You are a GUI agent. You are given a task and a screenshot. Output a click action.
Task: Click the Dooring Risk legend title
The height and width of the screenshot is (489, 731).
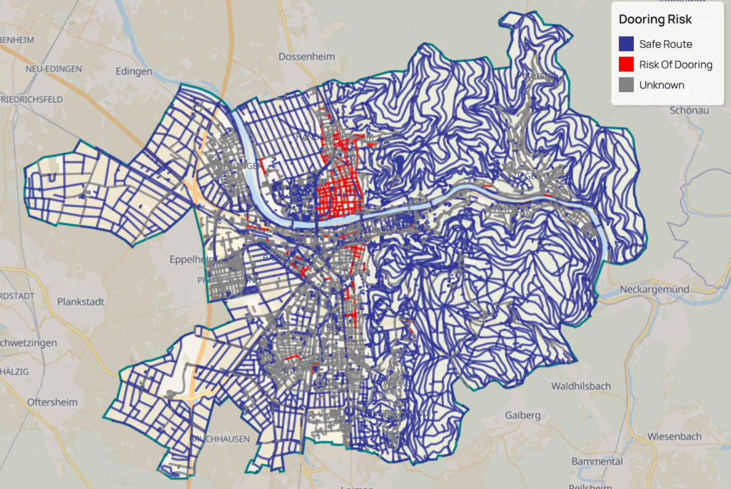[655, 20]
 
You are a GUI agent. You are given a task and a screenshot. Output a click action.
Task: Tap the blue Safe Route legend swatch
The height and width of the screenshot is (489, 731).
[625, 44]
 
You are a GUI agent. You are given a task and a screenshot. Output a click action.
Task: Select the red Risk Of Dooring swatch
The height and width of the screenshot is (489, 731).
[625, 64]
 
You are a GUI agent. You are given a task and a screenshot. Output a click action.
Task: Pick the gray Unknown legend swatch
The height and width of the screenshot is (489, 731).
[625, 85]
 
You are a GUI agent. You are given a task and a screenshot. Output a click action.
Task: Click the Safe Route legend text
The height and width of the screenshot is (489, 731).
[665, 44]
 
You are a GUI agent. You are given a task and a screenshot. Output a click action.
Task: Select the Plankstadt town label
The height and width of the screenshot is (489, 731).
[81, 301]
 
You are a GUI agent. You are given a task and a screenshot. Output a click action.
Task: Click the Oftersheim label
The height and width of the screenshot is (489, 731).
[52, 402]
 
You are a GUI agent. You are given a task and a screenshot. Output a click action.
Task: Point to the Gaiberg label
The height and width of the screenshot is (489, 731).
[524, 415]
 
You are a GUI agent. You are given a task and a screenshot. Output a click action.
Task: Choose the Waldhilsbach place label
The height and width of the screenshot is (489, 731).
[581, 385]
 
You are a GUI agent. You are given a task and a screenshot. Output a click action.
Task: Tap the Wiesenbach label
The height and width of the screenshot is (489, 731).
[675, 436]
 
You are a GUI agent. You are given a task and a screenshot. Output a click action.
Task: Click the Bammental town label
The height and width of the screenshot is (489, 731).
[597, 461]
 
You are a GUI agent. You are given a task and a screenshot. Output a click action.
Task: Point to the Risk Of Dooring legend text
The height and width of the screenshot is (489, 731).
[675, 64]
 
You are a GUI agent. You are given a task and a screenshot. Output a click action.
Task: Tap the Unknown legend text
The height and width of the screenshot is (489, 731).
[662, 85]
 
